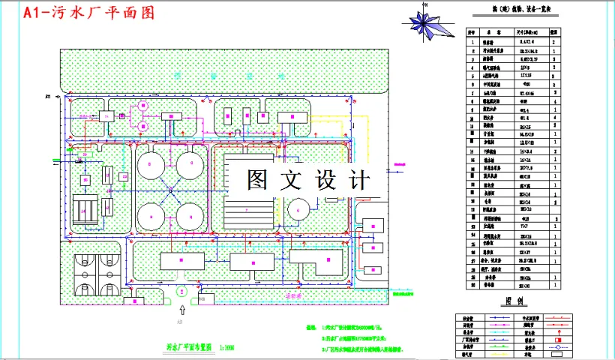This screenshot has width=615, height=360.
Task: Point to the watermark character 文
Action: pyautogui.click(x=292, y=181)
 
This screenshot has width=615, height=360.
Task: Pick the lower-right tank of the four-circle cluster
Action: pyautogui.click(x=193, y=214)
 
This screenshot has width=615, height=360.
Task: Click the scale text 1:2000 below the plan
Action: pyautogui.click(x=225, y=348)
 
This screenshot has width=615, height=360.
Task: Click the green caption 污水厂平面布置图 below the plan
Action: pyautogui.click(x=190, y=348)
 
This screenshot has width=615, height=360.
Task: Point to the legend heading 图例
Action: pyautogui.click(x=514, y=301)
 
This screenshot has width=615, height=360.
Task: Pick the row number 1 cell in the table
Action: pyautogui.click(x=472, y=43)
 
